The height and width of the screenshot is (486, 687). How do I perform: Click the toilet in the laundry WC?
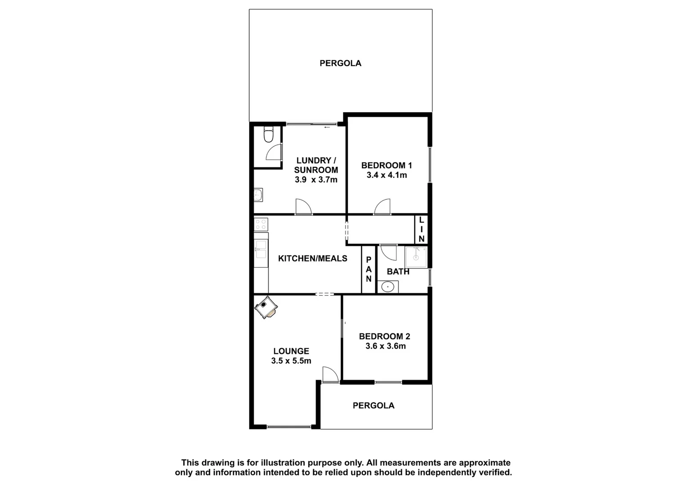click(268, 135)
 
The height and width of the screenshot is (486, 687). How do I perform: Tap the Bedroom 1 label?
click(386, 165)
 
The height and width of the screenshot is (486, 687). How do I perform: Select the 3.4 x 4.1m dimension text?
click(386, 175)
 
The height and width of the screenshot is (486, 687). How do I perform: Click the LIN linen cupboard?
click(421, 229)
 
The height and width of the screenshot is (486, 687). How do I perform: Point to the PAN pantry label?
click(368, 269)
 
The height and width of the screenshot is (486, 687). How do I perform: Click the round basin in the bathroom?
click(387, 286)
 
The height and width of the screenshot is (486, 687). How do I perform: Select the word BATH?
click(398, 271)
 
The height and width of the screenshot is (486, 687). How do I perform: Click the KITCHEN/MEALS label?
click(313, 258)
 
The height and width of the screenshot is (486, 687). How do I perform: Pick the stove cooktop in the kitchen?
click(261, 224)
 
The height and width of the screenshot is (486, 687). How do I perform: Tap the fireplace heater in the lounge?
click(266, 307)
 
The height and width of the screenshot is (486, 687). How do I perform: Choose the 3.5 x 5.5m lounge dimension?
click(291, 360)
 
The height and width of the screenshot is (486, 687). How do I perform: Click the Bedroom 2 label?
click(384, 336)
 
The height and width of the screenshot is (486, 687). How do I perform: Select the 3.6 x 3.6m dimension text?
click(386, 346)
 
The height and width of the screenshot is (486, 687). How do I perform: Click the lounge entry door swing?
click(329, 375)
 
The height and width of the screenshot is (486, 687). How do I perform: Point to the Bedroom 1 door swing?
click(382, 207)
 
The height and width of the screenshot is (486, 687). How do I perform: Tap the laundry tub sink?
click(258, 195)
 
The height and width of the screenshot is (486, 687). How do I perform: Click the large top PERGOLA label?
click(340, 63)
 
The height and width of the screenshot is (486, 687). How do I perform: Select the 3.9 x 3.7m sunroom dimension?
click(316, 180)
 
